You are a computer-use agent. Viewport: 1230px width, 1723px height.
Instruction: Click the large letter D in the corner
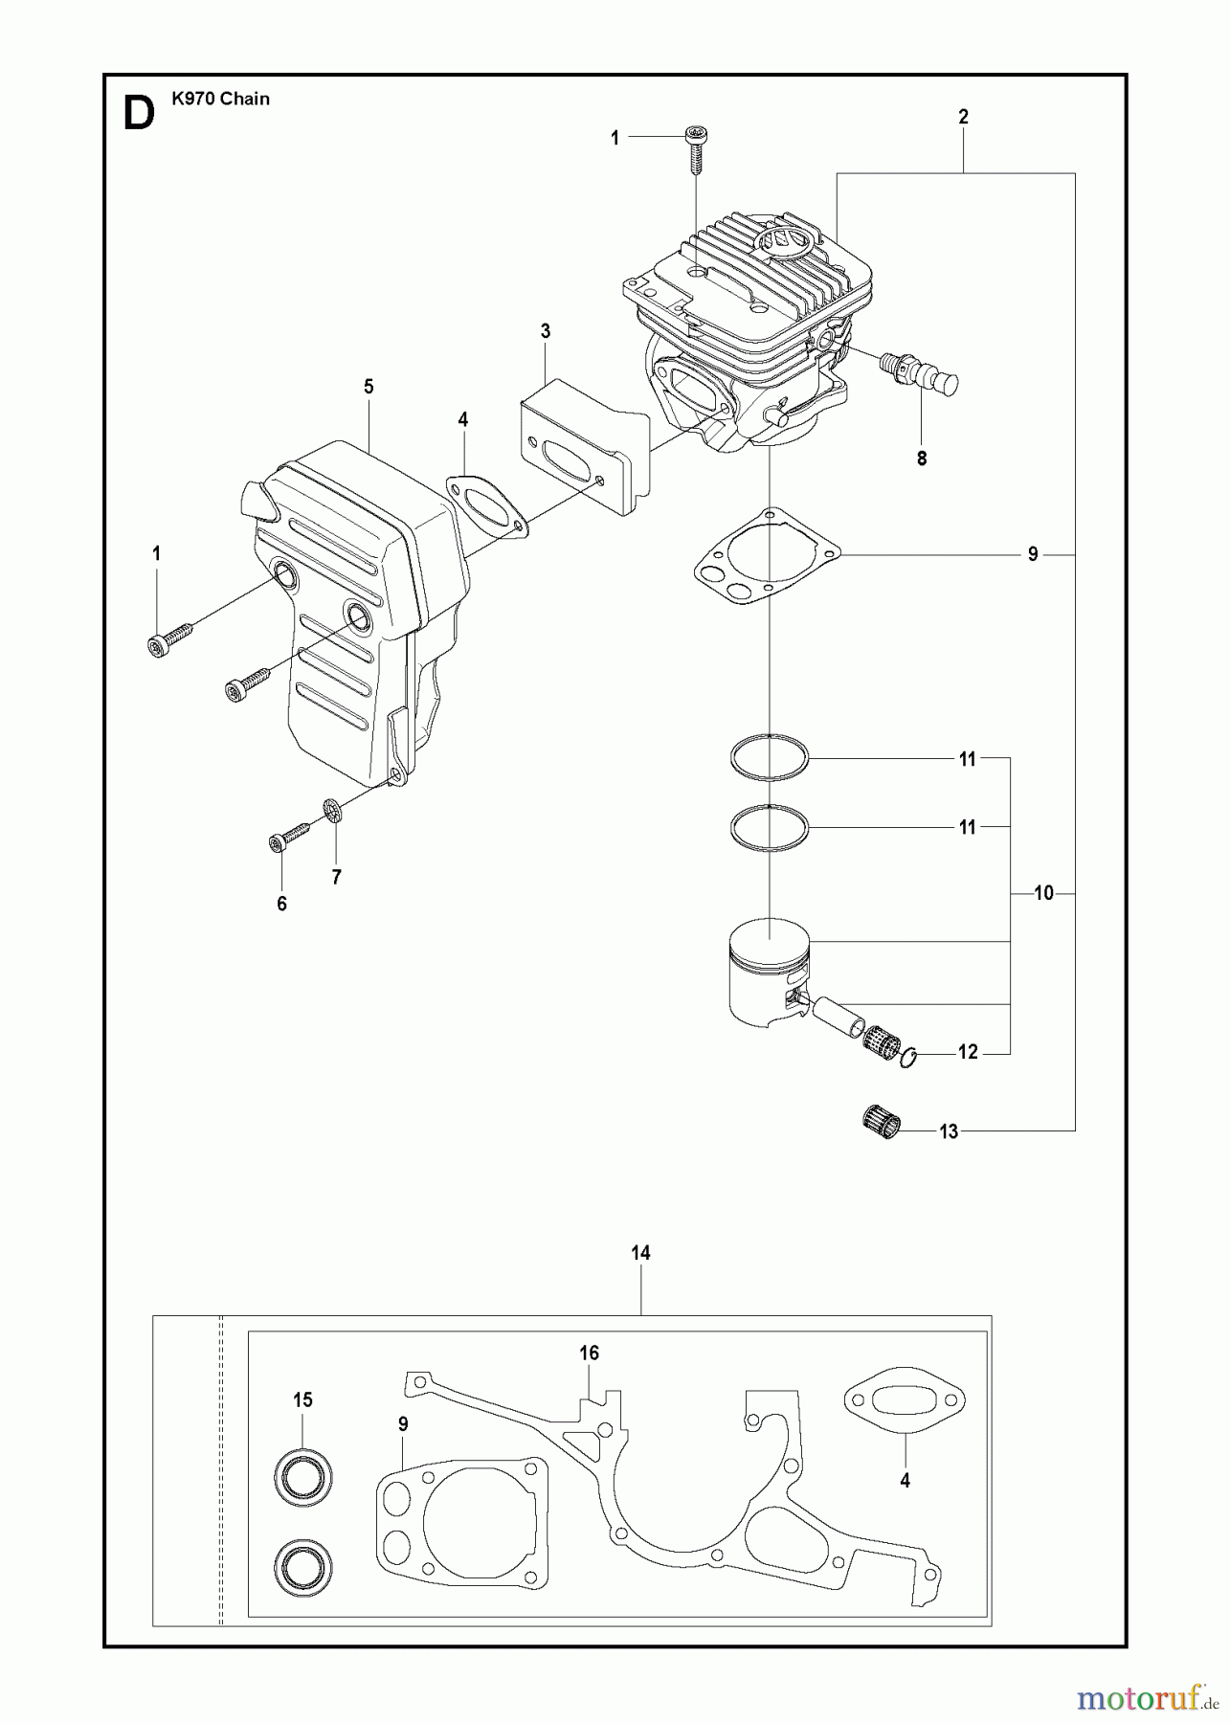tap(139, 115)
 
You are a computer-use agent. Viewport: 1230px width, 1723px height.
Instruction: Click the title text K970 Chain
tap(221, 99)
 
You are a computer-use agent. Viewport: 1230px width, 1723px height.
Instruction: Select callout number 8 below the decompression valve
tap(922, 459)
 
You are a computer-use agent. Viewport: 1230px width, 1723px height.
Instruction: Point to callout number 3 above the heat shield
tap(546, 332)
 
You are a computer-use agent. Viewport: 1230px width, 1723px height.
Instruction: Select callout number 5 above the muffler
tap(369, 387)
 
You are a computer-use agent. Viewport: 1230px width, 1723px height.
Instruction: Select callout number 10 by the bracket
tap(1043, 893)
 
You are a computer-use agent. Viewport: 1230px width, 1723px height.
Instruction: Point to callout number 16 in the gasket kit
tap(589, 1353)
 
